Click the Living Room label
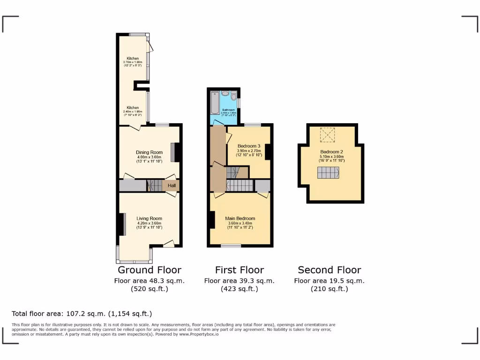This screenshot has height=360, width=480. coord(149,218)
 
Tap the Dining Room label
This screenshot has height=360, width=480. coord(149,152)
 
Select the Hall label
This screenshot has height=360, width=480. coord(172,186)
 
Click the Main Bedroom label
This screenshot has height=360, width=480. coord(240,218)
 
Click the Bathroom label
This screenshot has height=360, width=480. coord(228,110)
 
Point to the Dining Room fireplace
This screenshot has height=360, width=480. coord(173,152)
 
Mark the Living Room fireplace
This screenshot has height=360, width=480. coord(123,225)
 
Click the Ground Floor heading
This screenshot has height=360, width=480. coord(149,270)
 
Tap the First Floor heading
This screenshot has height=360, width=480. coord(239,270)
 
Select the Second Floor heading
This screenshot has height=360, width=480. coord(330,270)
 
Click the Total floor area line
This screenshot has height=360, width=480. coord(82,314)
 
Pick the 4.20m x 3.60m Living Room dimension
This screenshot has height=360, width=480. coord(149,223)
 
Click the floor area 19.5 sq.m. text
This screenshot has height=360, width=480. coord(329,281)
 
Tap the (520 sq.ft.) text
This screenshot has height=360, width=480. coord(149,289)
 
